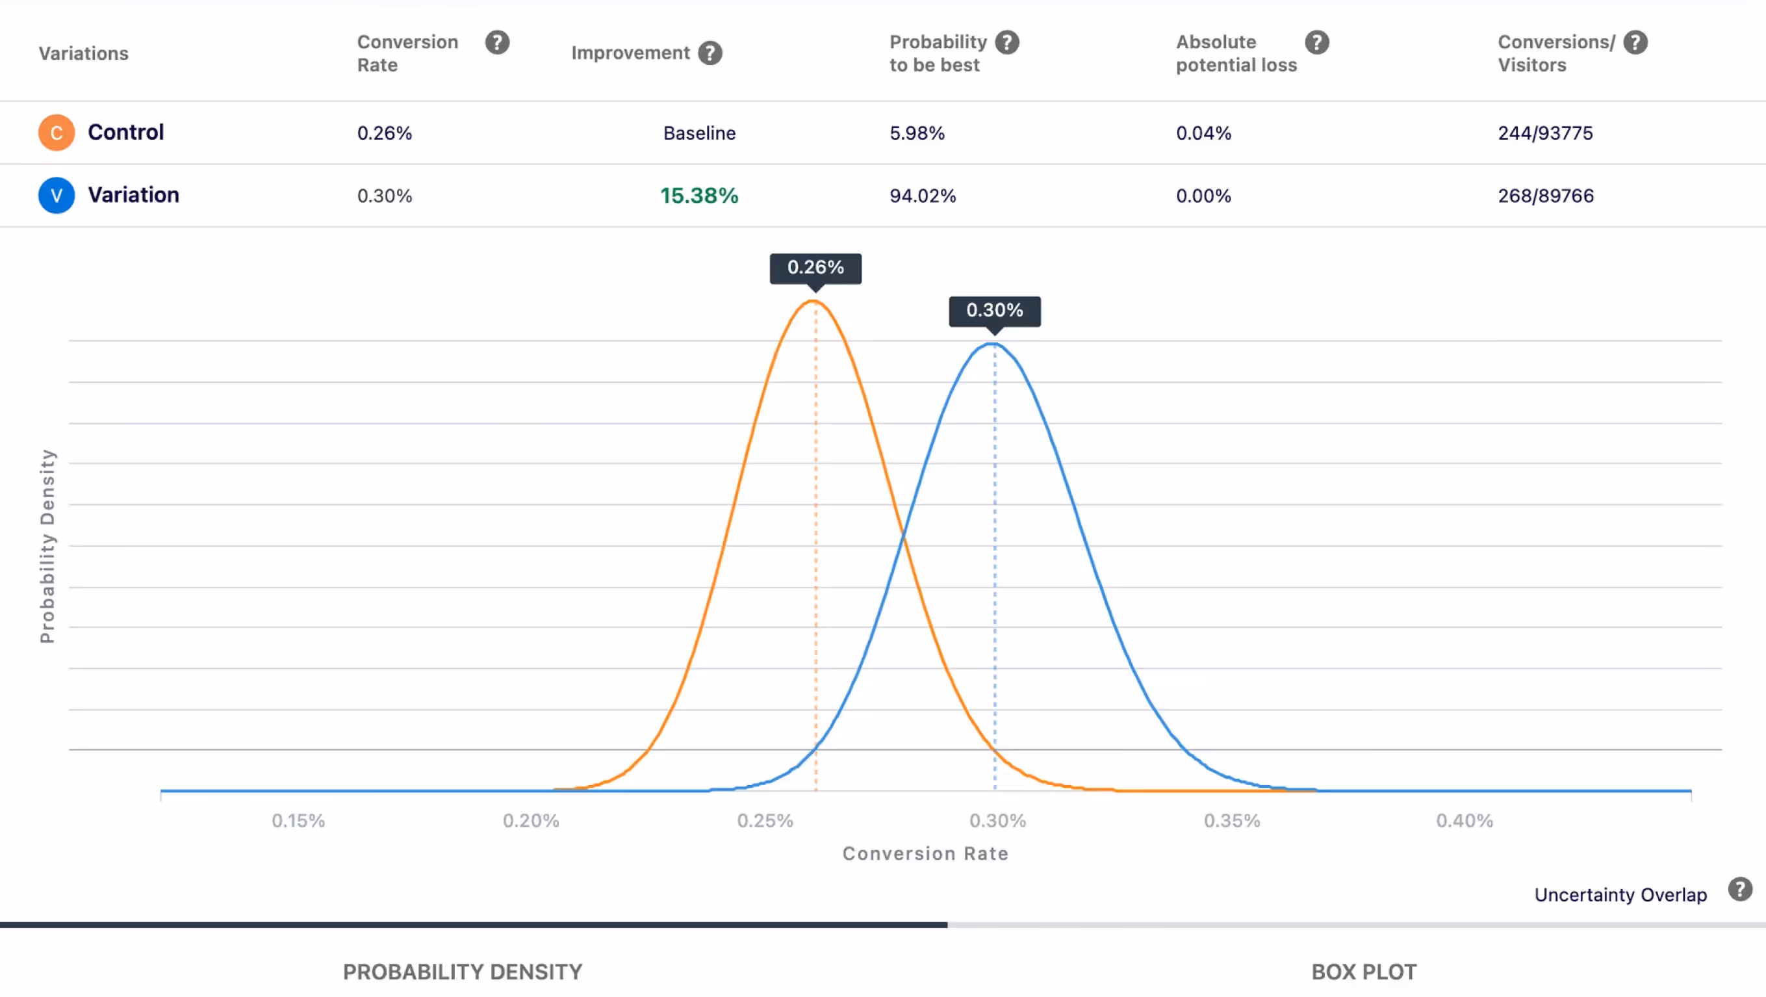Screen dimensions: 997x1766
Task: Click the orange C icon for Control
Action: (57, 133)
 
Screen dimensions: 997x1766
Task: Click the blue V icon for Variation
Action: (57, 196)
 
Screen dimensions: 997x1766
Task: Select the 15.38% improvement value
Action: (698, 196)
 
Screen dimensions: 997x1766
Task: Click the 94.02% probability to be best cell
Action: (922, 196)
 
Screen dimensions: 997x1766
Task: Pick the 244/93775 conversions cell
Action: (1544, 133)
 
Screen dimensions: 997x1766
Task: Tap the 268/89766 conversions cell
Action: (1545, 196)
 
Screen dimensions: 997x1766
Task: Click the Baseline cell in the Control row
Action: (698, 133)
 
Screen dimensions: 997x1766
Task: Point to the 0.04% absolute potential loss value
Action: (1203, 133)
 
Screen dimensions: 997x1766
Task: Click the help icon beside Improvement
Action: (710, 53)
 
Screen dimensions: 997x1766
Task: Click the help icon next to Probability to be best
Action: (1006, 42)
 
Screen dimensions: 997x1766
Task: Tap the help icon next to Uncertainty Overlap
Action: (1739, 889)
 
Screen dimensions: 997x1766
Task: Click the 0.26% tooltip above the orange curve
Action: (815, 267)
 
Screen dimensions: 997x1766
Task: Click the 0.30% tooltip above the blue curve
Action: (994, 311)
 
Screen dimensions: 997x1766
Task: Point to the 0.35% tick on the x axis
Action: (1231, 821)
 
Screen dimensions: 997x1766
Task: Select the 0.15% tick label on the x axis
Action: (298, 821)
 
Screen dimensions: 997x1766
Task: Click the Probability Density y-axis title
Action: (47, 546)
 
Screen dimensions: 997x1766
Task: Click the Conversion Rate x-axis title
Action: (925, 854)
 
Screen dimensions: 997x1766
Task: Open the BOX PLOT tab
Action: (1363, 972)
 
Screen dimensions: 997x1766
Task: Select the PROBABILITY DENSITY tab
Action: (462, 972)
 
